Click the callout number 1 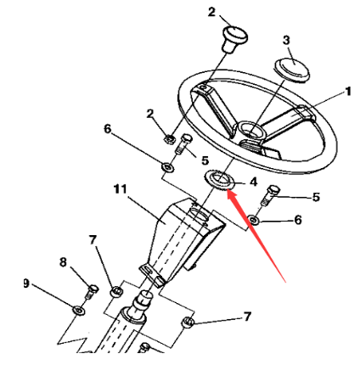click(x=348, y=92)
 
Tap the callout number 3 click(x=286, y=40)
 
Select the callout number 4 click(x=253, y=182)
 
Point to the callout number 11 click(x=121, y=189)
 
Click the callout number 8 click(x=63, y=262)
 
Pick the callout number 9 click(x=26, y=284)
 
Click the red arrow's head click(x=231, y=195)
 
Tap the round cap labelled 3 click(x=292, y=70)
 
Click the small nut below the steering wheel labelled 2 click(x=170, y=139)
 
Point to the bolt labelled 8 click(x=92, y=292)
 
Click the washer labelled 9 click(x=78, y=311)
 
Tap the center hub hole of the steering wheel click(x=250, y=130)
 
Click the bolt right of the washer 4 click(x=270, y=195)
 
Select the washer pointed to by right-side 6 click(x=254, y=220)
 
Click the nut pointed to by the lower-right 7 click(x=188, y=323)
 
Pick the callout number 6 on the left click(x=108, y=129)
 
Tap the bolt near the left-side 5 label click(x=183, y=144)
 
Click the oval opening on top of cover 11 click(x=199, y=214)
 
